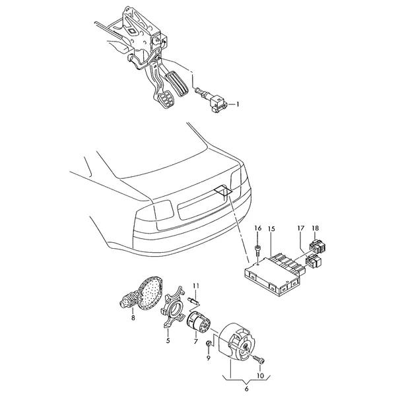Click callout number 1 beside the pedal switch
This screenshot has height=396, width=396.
point(237,104)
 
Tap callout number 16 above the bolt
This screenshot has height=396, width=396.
point(257,228)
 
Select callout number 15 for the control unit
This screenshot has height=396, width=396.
point(271,229)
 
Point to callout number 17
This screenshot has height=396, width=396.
point(300,228)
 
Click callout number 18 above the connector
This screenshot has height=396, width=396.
point(315,228)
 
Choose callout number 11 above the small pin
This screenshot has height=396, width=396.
point(196,286)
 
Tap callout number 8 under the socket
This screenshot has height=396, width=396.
point(133,317)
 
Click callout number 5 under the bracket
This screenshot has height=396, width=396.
point(168,341)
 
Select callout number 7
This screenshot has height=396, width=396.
point(196,342)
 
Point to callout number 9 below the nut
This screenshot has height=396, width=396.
point(209,358)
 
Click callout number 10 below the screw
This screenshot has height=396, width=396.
point(260,376)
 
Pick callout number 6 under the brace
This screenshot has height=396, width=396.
point(246,389)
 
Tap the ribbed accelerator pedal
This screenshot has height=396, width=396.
point(176,84)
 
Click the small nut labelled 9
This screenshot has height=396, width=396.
point(209,343)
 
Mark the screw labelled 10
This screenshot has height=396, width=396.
point(259,359)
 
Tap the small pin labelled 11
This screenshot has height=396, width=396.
point(194,300)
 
